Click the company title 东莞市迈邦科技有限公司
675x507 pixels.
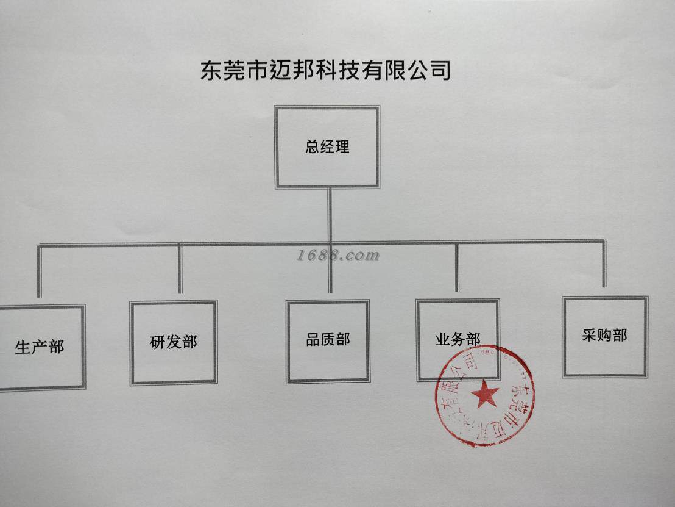tap(325, 70)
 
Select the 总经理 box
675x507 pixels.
tap(327, 147)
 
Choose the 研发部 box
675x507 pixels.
tap(174, 342)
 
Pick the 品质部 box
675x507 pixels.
tap(328, 341)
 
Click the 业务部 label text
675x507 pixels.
tap(458, 340)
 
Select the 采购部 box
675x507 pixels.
tap(604, 336)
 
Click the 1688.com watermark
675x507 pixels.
tap(338, 256)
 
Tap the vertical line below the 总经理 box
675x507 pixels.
tap(330, 214)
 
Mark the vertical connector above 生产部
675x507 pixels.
tap(40, 271)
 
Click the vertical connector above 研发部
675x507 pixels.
tap(180, 268)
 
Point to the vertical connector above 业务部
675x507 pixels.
tap(457, 267)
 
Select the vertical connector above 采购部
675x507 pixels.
tap(604, 264)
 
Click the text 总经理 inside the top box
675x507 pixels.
tap(327, 147)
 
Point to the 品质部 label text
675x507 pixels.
tap(328, 339)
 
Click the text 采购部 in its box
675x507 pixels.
tap(604, 335)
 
